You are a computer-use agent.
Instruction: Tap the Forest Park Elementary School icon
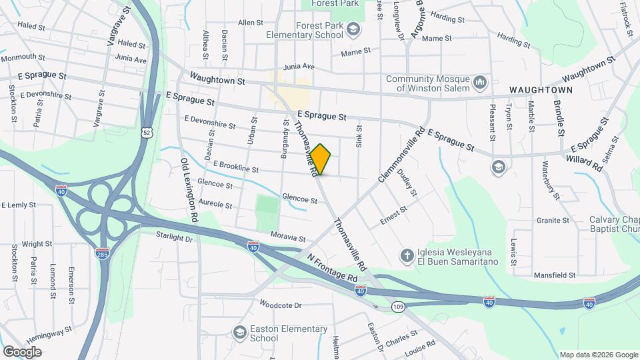click(353, 29)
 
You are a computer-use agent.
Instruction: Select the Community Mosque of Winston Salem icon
click(480, 83)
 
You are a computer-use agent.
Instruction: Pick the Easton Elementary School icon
click(239, 332)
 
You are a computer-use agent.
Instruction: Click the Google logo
click(22, 351)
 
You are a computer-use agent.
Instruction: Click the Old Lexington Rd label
click(189, 190)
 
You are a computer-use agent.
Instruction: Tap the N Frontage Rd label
click(333, 267)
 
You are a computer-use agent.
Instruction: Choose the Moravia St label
click(288, 237)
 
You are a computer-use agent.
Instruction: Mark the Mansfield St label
click(555, 275)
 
